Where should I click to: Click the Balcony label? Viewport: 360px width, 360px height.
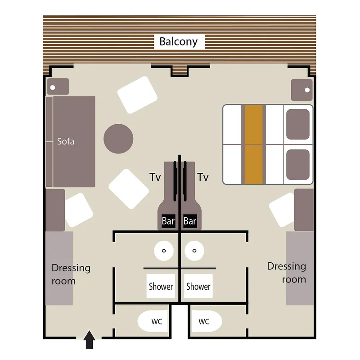[x=179, y=42]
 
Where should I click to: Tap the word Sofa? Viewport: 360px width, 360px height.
[x=66, y=141]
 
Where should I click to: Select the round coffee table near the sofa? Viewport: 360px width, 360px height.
[x=118, y=139]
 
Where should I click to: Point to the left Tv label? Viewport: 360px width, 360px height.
[x=155, y=177]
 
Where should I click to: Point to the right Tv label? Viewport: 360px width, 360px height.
[x=203, y=177]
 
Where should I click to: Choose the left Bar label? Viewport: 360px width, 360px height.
[x=168, y=221]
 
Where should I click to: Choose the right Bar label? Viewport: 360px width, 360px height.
[x=190, y=221]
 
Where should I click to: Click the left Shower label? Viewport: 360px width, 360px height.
[x=161, y=286]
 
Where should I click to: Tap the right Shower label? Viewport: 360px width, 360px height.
[x=198, y=286]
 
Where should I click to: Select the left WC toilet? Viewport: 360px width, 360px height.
[x=153, y=321]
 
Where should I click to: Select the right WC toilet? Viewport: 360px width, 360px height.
[x=207, y=321]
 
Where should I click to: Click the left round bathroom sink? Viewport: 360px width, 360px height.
[x=164, y=250]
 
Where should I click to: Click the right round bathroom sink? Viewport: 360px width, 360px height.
[x=195, y=250]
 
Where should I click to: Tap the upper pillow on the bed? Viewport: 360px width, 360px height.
[x=298, y=124]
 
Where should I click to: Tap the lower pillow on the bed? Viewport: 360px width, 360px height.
[x=298, y=164]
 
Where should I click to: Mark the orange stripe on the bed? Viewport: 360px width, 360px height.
[x=254, y=144]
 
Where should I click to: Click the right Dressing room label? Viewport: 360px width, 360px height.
[x=287, y=273]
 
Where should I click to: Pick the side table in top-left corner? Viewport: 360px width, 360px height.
[x=58, y=86]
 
